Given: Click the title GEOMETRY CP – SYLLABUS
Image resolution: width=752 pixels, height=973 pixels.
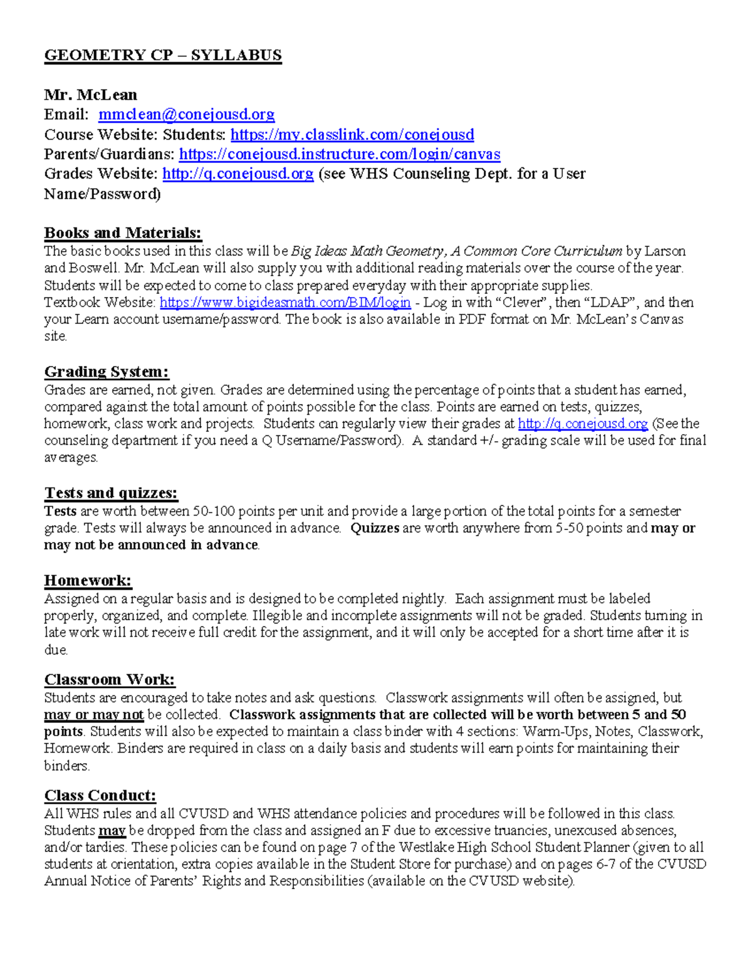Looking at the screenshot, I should (163, 56).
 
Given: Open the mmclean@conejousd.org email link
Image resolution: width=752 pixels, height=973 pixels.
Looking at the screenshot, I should (186, 115).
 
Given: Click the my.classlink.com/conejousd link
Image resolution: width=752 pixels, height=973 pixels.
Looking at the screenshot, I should (352, 135).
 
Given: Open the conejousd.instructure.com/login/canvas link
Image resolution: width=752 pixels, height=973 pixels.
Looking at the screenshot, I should (340, 154).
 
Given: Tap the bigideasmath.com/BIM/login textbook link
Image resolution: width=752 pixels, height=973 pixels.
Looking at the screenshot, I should (285, 303).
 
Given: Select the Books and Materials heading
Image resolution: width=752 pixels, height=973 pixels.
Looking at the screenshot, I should (123, 233).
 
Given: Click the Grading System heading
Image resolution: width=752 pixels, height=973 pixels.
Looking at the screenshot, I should (107, 372).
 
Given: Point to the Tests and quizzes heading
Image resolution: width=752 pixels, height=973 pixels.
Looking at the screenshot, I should (111, 493).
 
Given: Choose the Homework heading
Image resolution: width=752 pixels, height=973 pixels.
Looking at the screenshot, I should (88, 581).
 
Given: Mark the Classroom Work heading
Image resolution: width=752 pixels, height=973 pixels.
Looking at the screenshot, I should (110, 680).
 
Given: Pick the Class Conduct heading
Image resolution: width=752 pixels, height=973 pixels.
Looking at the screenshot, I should (100, 796).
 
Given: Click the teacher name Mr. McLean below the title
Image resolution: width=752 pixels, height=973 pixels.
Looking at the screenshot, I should (90, 95).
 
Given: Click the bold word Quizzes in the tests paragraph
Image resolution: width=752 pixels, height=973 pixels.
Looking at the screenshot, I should (375, 528).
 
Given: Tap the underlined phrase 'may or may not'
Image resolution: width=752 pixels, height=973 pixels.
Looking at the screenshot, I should (94, 715).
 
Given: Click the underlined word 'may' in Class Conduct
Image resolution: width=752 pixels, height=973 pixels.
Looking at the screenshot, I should (112, 831).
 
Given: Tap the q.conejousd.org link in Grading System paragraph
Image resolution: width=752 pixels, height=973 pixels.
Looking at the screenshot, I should (583, 424).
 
